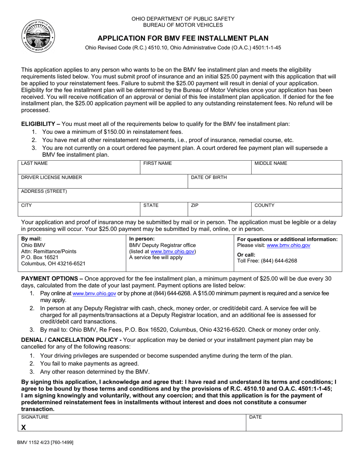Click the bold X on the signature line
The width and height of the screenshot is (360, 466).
[23, 427]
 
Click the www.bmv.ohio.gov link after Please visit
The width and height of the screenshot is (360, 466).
[288, 246]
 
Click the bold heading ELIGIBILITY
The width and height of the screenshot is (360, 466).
[38, 124]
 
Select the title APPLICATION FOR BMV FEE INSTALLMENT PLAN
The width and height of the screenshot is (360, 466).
[183, 38]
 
